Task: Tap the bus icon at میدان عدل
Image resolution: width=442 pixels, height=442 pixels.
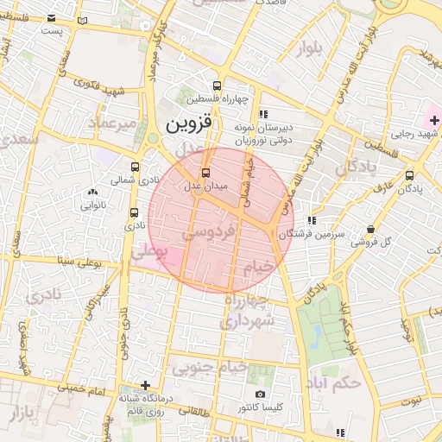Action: pos(205,173)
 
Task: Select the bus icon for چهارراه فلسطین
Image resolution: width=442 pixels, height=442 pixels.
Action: pos(216,85)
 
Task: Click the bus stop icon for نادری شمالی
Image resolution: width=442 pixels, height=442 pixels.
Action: pos(135,167)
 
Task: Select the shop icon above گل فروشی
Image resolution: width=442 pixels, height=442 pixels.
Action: pos(370,229)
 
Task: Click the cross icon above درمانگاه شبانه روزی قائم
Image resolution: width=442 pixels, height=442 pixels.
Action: pos(145,385)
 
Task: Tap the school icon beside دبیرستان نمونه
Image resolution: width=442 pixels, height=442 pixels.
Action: pos(263,113)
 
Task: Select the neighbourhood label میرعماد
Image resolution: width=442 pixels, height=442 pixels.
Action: pos(110,125)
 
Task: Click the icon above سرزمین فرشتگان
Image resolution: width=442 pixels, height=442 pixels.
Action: pos(311,220)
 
